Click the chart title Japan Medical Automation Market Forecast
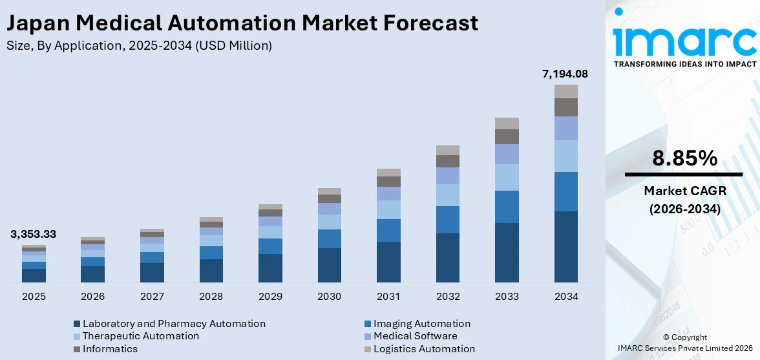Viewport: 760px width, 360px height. [x=242, y=23]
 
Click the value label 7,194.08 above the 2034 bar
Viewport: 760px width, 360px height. [x=565, y=74]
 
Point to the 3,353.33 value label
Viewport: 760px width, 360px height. [x=33, y=234]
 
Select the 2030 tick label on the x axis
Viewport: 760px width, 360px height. [x=329, y=297]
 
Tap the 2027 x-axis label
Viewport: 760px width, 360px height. [x=152, y=297]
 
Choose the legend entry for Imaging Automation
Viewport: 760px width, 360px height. [x=421, y=324]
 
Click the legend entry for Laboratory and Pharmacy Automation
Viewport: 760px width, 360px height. [x=174, y=324]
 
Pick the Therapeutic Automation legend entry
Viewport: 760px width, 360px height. [x=141, y=336]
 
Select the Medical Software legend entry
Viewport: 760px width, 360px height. [x=415, y=336]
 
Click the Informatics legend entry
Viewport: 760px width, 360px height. [x=110, y=349]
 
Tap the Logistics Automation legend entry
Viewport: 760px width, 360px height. [x=424, y=349]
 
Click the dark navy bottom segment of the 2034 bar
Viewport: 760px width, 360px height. [x=565, y=247]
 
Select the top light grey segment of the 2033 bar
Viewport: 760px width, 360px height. [x=507, y=123]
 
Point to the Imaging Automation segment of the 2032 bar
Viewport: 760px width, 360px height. [x=447, y=220]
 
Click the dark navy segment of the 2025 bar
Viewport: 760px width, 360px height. [x=34, y=275]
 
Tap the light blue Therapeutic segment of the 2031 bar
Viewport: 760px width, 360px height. [x=388, y=209]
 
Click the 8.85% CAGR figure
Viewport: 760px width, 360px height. [x=684, y=158]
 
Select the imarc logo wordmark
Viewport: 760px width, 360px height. [x=684, y=40]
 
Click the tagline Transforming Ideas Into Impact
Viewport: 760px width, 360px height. [x=684, y=64]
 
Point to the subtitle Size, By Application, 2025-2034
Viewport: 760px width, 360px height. [x=138, y=45]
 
